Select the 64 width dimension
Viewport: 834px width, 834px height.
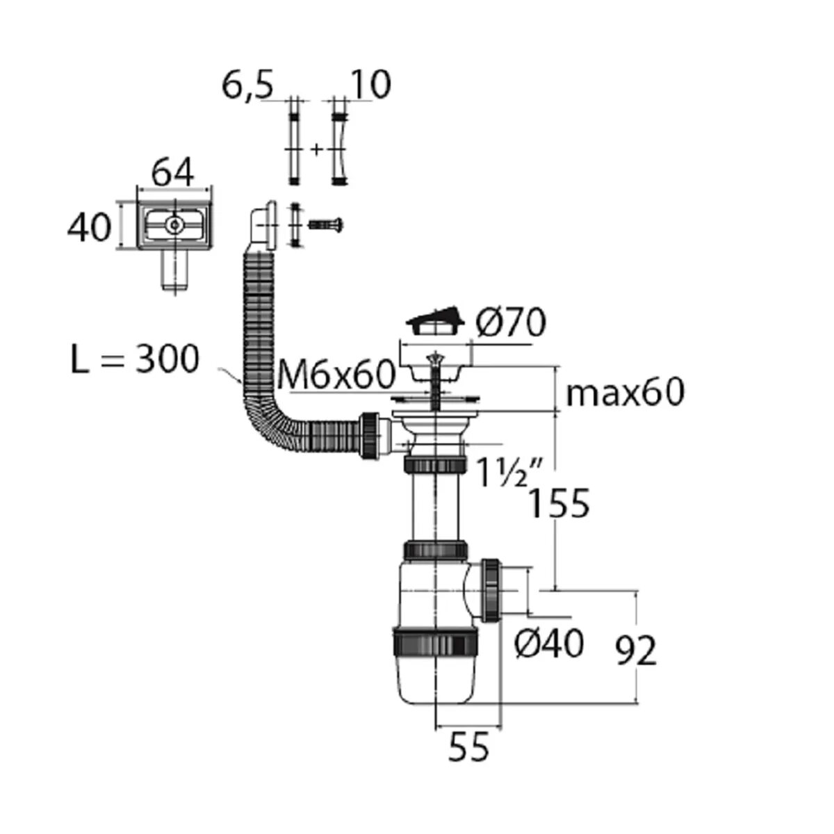coord(173,172)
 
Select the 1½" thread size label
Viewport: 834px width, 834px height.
coord(502,473)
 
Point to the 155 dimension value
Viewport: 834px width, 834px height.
coord(558,504)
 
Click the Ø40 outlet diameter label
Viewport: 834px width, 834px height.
coord(548,646)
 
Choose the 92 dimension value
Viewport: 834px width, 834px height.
coord(636,652)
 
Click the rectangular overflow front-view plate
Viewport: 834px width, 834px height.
coord(174,225)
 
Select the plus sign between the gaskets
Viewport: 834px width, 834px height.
coord(316,149)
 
